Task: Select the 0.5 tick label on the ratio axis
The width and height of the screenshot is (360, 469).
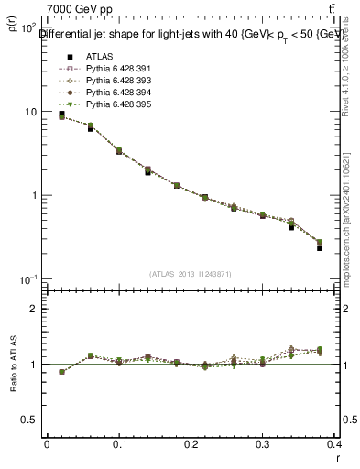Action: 29,420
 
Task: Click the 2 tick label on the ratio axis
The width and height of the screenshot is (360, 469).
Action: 33,309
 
